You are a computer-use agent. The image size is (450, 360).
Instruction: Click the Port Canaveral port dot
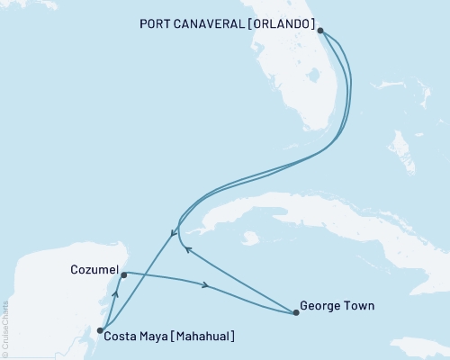click(x=320, y=30)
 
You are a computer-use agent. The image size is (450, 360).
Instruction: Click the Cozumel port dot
click(x=123, y=275)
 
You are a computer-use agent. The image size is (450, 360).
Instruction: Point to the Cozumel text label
click(x=93, y=269)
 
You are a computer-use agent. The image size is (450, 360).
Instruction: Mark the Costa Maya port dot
click(x=100, y=330)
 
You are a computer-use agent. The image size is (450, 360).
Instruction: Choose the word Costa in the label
click(x=122, y=337)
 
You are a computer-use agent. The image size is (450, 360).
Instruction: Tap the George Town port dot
click(x=296, y=313)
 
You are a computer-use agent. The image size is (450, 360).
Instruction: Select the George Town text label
click(x=338, y=306)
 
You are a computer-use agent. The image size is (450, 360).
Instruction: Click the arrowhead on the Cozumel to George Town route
click(x=208, y=286)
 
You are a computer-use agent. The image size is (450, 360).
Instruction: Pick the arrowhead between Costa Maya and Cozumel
click(x=114, y=292)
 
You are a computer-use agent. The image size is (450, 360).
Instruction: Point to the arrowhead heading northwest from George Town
click(x=185, y=250)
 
